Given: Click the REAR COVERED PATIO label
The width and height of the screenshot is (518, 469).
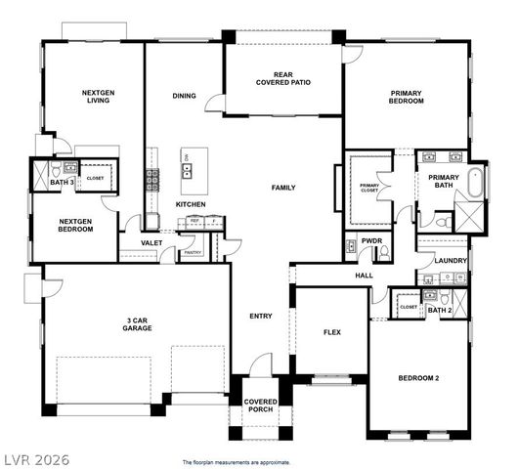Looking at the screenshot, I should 283,78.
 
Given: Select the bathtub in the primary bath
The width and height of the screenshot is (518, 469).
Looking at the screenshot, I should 475,182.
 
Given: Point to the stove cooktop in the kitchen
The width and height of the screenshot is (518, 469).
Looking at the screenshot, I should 151,179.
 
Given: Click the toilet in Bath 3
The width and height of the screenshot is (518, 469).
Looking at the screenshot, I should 70,169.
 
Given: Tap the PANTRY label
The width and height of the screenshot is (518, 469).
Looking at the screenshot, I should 193,252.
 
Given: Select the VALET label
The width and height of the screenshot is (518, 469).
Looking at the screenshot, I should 151,242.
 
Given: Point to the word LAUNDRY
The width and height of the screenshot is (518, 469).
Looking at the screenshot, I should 451,261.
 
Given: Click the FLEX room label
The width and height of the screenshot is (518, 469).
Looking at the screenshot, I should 333,332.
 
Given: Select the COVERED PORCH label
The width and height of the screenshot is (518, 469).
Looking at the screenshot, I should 260,406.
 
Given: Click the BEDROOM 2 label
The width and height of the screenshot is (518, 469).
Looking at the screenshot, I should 418,377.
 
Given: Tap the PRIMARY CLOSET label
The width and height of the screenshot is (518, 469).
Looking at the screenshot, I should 369,188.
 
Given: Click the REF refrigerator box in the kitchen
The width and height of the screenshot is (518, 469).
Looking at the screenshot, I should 194,222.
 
